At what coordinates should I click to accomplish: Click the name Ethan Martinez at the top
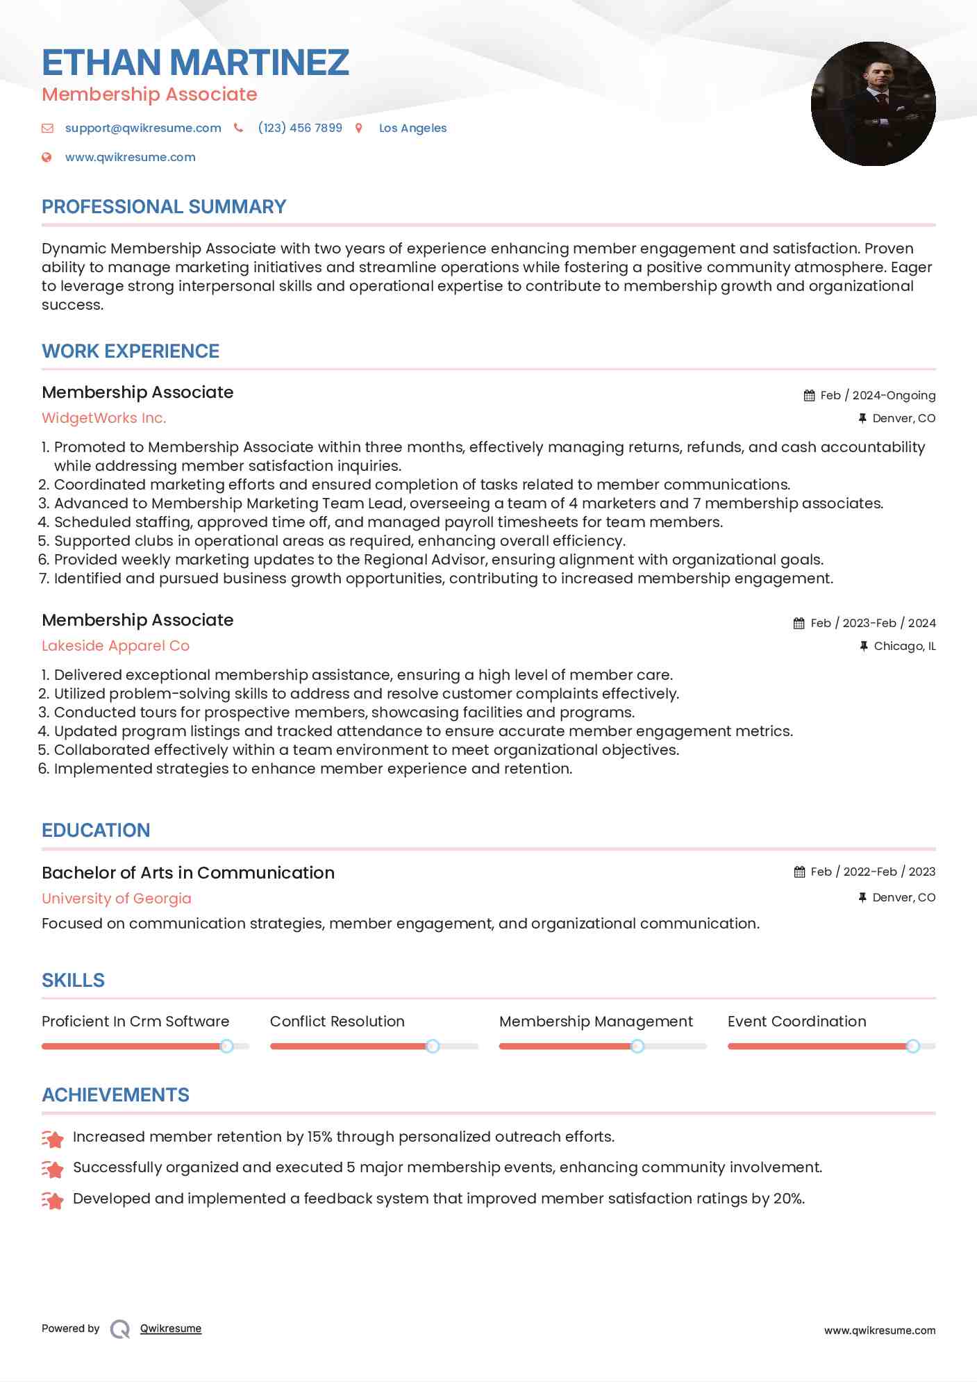pyautogui.click(x=195, y=63)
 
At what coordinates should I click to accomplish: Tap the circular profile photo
pyautogui.click(x=873, y=103)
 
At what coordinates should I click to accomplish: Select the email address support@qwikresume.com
pyautogui.click(x=143, y=128)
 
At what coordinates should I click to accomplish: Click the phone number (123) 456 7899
pyautogui.click(x=300, y=128)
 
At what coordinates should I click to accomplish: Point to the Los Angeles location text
pyautogui.click(x=412, y=128)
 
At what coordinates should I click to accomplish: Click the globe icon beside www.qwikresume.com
pyautogui.click(x=47, y=157)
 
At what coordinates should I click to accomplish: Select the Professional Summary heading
pyautogui.click(x=164, y=207)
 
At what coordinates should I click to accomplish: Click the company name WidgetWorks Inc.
pyautogui.click(x=104, y=418)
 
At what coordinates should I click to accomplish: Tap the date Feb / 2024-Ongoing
pyautogui.click(x=878, y=395)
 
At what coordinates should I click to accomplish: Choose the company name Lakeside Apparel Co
pyautogui.click(x=115, y=646)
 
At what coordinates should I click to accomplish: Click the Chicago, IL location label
pyautogui.click(x=904, y=646)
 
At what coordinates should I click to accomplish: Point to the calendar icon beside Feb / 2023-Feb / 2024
pyautogui.click(x=799, y=623)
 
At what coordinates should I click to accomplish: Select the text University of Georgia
pyautogui.click(x=116, y=898)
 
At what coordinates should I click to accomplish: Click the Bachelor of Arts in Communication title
pyautogui.click(x=188, y=873)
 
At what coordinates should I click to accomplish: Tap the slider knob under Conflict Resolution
pyautogui.click(x=432, y=1046)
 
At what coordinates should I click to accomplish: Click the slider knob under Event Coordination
pyautogui.click(x=912, y=1046)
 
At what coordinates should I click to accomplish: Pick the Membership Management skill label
pyautogui.click(x=596, y=1022)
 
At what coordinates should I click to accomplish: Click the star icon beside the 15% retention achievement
pyautogui.click(x=52, y=1138)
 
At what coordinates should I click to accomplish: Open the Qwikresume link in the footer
pyautogui.click(x=171, y=1329)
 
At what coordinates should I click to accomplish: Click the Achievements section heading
pyautogui.click(x=115, y=1095)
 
